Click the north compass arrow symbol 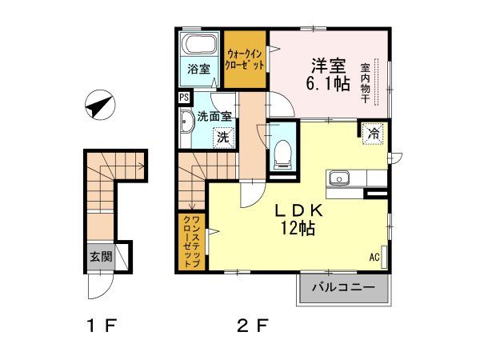[98, 106]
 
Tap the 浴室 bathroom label [198, 70]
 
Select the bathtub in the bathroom [198, 44]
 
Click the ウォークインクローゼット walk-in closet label [244, 58]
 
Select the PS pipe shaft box [184, 98]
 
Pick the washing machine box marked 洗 [223, 137]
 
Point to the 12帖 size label [298, 230]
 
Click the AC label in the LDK [374, 257]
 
